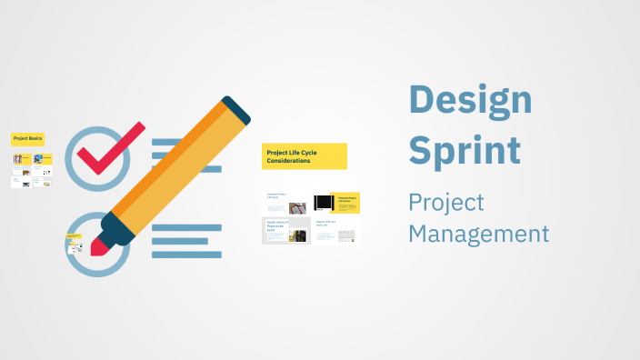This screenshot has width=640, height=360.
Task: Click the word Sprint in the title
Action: (x=465, y=149)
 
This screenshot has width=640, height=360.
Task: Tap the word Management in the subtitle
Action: (x=478, y=234)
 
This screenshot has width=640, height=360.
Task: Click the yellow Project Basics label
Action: (x=27, y=139)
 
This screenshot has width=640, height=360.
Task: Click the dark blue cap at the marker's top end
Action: (x=235, y=110)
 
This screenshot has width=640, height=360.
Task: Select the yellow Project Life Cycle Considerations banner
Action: (x=305, y=155)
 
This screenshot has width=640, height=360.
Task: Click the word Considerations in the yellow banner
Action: (x=288, y=161)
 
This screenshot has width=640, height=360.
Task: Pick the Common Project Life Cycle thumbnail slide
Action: (x=286, y=203)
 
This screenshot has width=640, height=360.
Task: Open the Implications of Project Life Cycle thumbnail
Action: (x=286, y=230)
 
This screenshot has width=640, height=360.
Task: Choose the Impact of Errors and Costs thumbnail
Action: (x=335, y=230)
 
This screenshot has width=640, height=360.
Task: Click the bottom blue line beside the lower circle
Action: (x=186, y=255)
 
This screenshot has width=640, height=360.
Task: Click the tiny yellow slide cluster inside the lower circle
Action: (x=75, y=244)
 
